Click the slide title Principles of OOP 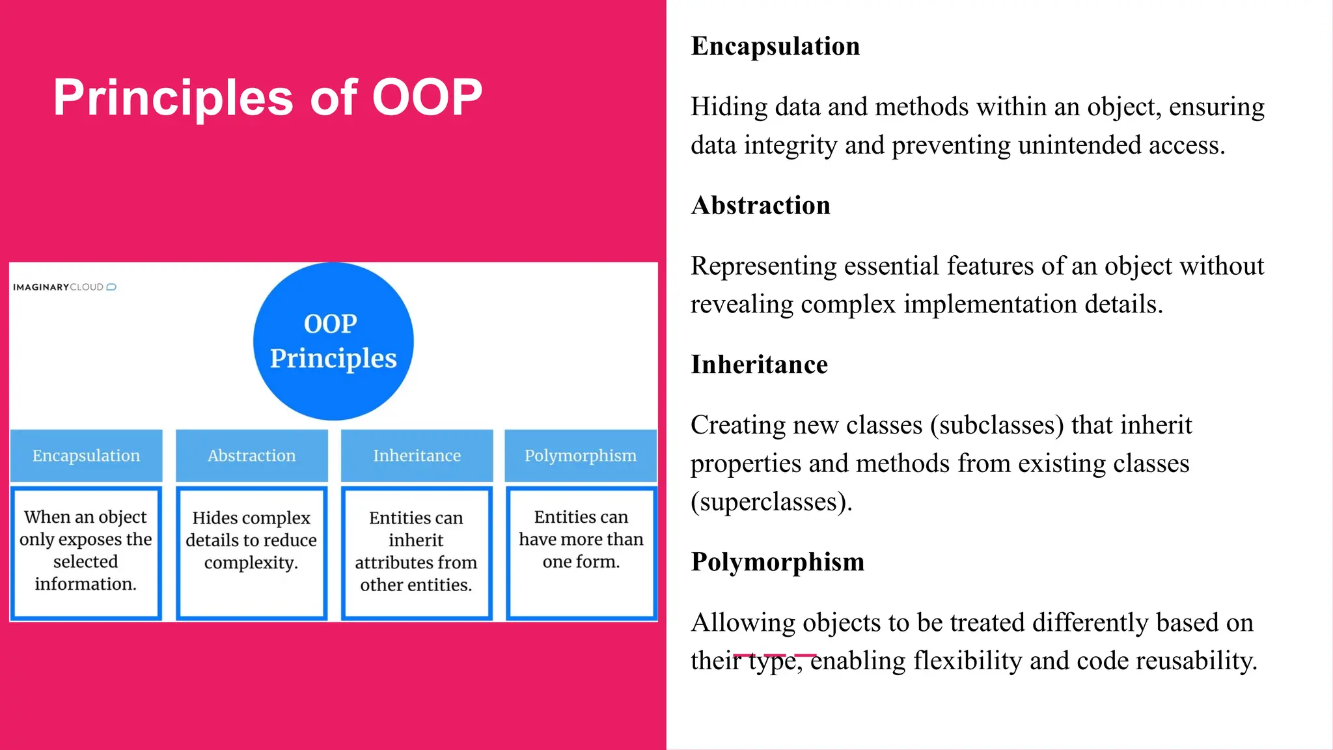[x=268, y=98]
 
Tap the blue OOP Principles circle [x=333, y=341]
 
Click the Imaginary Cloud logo [x=64, y=287]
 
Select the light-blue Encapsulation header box [x=87, y=455]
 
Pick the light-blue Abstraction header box [x=252, y=455]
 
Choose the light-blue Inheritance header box [x=417, y=455]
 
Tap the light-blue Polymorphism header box [x=581, y=455]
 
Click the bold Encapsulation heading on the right [x=775, y=46]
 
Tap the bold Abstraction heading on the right [x=760, y=206]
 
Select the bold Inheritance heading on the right [x=759, y=365]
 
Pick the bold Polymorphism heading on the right [x=777, y=562]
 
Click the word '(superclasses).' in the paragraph [x=771, y=502]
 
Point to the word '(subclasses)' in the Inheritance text [x=997, y=425]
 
